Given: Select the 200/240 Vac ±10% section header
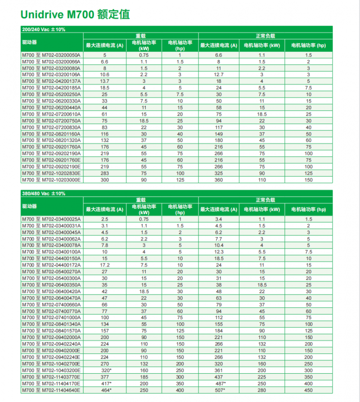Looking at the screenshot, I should (44, 30).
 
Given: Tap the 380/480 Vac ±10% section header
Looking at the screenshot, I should (44, 194).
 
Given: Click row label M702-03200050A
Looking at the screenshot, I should (51, 55).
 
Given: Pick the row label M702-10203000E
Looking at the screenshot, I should (51, 180).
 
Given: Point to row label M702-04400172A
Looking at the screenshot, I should (51, 265).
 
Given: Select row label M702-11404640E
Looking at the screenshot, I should (51, 389).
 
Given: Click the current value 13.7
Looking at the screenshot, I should (105, 81).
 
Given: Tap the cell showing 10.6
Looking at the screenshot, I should (105, 74).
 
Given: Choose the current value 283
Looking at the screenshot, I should (105, 173).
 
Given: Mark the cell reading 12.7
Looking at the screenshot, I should (219, 74).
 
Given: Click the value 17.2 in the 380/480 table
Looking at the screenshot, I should (105, 265).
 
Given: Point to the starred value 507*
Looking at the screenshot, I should (219, 389).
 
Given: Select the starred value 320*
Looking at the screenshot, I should (105, 370).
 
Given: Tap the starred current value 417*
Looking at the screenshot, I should (105, 383).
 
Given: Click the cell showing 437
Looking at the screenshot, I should (219, 376).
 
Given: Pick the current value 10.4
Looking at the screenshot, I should (219, 245).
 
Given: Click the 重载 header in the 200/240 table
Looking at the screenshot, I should (140, 36).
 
